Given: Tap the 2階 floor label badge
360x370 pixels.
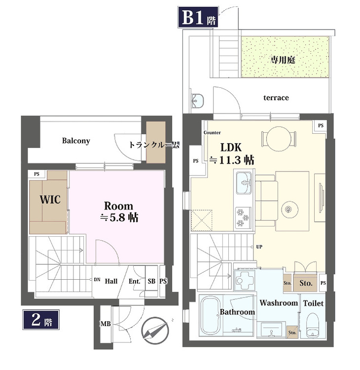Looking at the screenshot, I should click(41, 321).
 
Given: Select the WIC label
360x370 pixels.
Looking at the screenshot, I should click(50, 200).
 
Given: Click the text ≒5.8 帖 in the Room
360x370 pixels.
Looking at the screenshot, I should click(118, 217).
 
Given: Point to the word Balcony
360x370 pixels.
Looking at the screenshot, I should click(76, 141).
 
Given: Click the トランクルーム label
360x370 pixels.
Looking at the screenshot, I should click(153, 145).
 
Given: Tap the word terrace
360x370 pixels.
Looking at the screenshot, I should click(276, 98).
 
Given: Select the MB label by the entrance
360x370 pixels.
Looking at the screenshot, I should click(105, 324).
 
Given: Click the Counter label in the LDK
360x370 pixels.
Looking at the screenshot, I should click(212, 133).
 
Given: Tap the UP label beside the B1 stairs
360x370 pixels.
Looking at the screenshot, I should click(259, 247).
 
